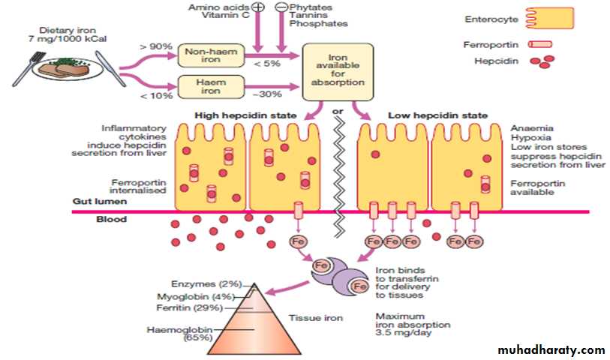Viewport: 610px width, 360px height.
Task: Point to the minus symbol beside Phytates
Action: coord(281,7)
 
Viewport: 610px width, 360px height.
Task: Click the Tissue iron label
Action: coord(320,318)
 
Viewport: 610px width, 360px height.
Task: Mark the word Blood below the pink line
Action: coord(112,220)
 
